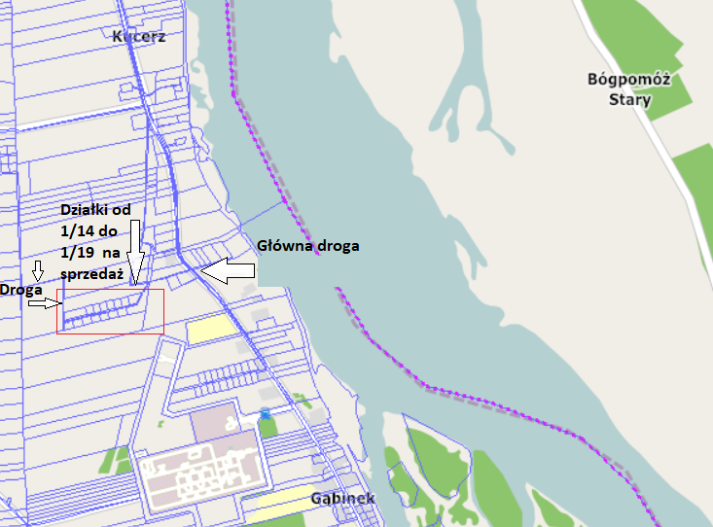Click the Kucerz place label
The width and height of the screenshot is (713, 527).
click(139, 37)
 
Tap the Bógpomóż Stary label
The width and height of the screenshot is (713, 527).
click(629, 88)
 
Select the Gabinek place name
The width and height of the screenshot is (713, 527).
click(342, 499)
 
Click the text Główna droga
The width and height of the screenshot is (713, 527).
click(308, 246)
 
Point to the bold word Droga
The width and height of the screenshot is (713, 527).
click(19, 290)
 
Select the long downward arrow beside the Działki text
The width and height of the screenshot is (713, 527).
click(135, 255)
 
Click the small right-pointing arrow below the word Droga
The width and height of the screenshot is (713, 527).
click(44, 302)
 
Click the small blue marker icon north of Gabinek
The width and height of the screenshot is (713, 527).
click(265, 414)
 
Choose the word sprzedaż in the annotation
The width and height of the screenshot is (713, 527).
click(89, 274)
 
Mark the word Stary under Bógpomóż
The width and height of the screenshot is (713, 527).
click(629, 98)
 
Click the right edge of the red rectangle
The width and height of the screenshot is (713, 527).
click(163, 311)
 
